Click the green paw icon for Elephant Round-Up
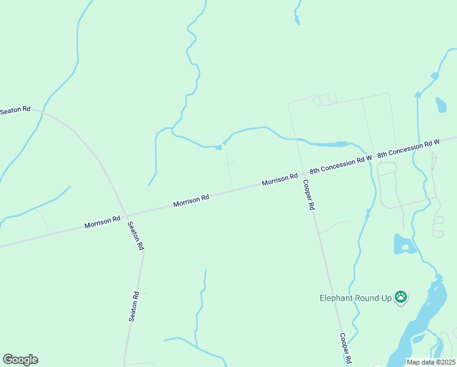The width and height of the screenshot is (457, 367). (401, 298)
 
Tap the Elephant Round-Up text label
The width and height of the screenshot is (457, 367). (355, 298)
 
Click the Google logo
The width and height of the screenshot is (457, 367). (20, 360)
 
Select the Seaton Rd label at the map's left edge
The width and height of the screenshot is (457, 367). (15, 110)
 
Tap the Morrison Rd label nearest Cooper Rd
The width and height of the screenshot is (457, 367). (280, 179)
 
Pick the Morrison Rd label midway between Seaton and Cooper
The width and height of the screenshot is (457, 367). (191, 200)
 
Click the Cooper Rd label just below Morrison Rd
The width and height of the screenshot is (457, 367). (308, 195)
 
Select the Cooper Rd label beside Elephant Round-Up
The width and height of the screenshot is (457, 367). (344, 349)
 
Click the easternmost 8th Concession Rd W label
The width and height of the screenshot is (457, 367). (408, 149)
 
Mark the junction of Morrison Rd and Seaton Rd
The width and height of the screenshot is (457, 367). (125, 215)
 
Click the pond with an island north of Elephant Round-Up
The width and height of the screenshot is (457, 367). (403, 245)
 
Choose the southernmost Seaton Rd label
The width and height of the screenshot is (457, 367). (134, 306)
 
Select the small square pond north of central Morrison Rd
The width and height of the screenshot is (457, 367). (219, 147)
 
